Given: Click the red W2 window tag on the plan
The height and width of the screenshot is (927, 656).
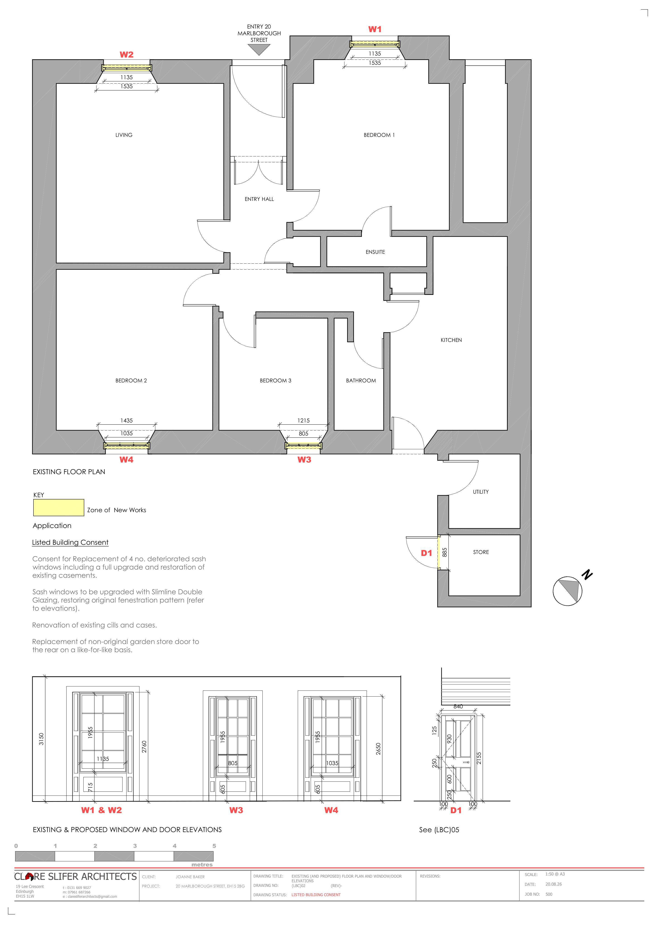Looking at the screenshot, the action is click(126, 55).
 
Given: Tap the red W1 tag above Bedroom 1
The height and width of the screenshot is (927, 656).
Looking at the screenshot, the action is click(375, 29).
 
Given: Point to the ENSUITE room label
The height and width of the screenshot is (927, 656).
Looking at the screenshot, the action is click(375, 252).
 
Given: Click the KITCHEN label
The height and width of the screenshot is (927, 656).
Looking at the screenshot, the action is click(451, 340).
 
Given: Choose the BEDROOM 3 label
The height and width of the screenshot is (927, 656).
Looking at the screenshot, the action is click(276, 380).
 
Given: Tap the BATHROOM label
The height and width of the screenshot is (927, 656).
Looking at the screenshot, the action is click(361, 380).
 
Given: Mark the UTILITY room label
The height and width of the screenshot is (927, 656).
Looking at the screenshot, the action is click(481, 492).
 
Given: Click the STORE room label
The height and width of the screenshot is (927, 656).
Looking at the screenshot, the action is click(481, 552).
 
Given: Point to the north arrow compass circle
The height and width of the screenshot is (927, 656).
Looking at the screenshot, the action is click(567, 591).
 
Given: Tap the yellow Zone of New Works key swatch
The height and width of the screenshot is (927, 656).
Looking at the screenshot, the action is click(59, 507).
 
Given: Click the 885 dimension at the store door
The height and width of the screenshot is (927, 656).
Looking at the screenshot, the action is click(444, 552).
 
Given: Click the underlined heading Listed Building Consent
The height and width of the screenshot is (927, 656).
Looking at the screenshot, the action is click(70, 542).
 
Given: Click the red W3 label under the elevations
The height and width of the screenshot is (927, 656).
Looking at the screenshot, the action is click(236, 810).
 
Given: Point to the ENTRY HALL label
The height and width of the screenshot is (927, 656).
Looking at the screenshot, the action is click(259, 199).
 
